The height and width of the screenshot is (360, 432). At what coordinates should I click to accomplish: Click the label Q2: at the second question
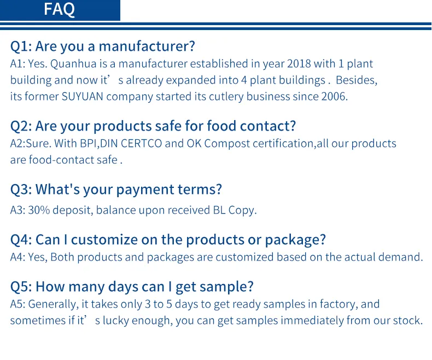click(21, 126)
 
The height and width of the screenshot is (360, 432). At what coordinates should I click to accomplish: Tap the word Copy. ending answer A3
click(241, 210)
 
